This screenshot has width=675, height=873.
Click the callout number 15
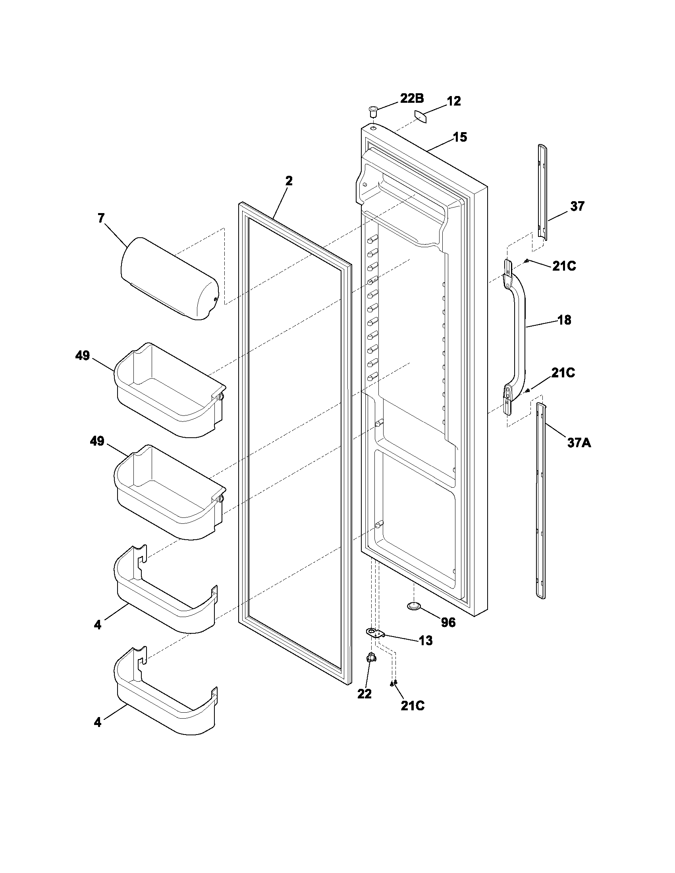459,137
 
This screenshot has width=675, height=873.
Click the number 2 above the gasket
289,181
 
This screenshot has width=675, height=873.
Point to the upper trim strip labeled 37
542,193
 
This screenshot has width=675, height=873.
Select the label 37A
579,442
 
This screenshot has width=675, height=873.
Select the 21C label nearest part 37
564,266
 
